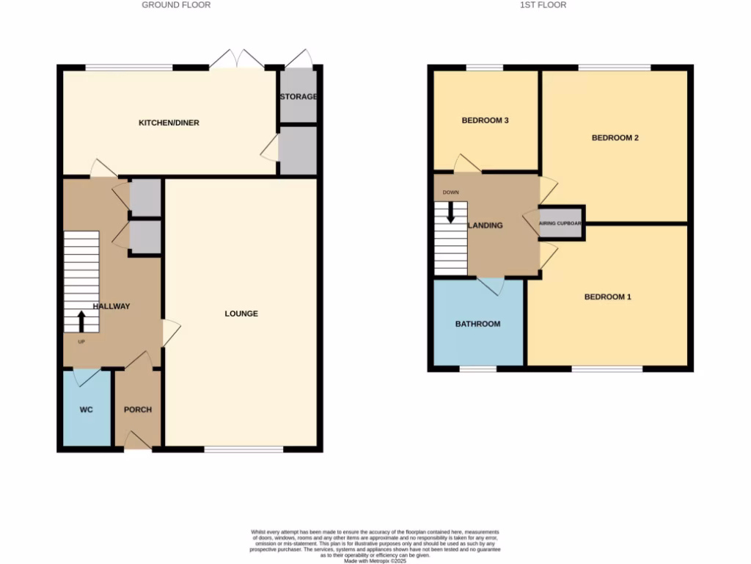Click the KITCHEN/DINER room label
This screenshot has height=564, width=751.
[169, 123]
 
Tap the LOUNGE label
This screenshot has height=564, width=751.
[241, 314]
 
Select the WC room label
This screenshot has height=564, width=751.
[86, 410]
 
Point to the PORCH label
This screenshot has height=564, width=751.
[137, 410]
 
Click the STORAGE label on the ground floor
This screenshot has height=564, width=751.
[298, 97]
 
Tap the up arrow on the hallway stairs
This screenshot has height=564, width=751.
[81, 321]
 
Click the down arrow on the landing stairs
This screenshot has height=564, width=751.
[450, 212]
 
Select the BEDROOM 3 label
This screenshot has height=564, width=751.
[485, 120]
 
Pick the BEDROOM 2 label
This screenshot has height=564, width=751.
[615, 137]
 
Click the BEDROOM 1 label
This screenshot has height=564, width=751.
[607, 297]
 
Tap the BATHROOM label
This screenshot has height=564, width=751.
[477, 324]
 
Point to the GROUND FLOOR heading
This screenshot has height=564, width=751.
[176, 5]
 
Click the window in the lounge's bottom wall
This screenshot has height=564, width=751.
[243, 448]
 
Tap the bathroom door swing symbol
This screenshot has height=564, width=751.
[491, 286]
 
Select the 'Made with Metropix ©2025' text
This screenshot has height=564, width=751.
[375, 560]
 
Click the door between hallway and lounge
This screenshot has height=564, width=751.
[169, 333]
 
